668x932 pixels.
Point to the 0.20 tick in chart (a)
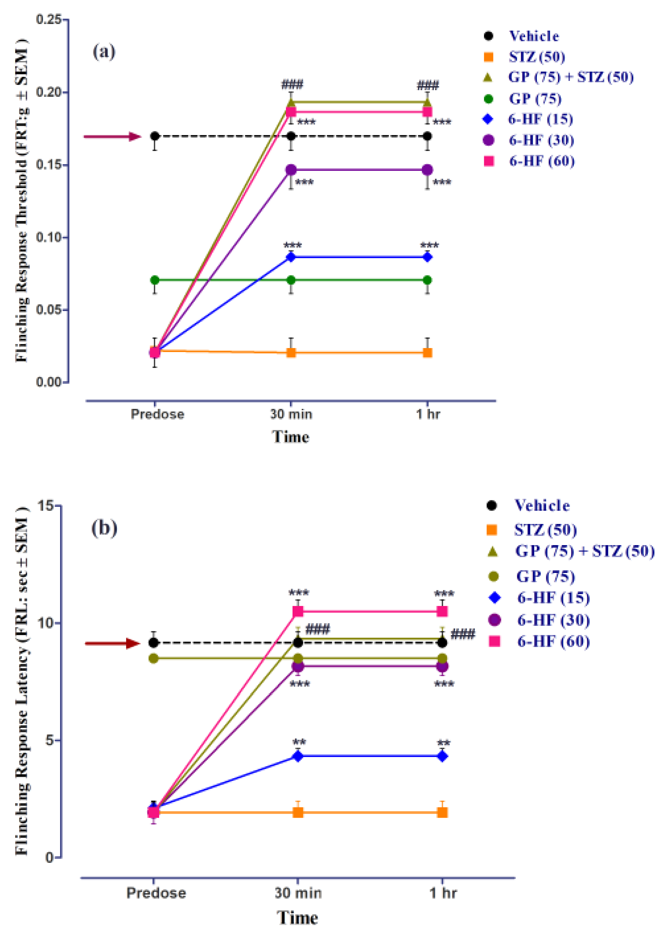(x=49, y=92)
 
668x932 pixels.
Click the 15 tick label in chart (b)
(x=46, y=505)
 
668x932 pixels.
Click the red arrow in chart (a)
(x=113, y=136)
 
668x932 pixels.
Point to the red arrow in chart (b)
(x=113, y=643)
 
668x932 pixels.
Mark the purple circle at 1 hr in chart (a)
(x=427, y=170)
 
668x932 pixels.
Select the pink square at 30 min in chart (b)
(x=298, y=611)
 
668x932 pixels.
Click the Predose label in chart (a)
(x=157, y=414)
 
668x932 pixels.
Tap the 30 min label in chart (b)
(x=298, y=893)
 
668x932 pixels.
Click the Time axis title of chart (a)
(x=290, y=436)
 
